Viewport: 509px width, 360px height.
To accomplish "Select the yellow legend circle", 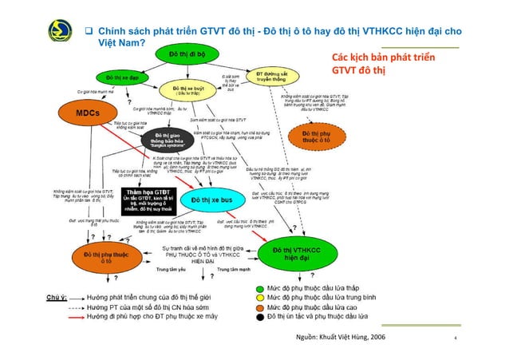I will (261, 297).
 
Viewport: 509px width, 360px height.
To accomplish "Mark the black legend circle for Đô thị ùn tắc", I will (261, 317).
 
